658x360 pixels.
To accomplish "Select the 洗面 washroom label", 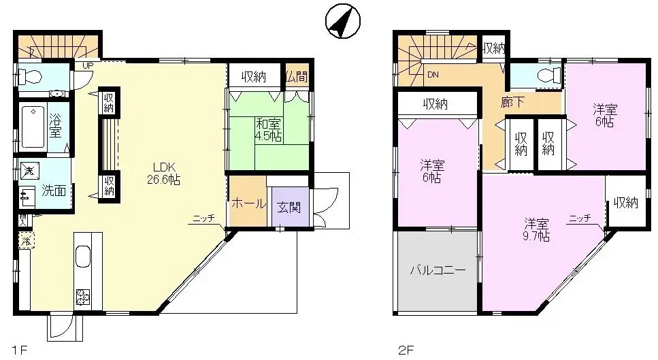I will tap(54, 191).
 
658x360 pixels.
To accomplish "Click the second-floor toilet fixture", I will tap(544, 75).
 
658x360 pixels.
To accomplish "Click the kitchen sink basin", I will tap(84, 257).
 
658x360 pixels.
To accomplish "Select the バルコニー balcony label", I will tap(438, 270).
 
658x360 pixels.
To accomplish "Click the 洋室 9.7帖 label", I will tap(536, 229).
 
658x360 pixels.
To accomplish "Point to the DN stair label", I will tap(433, 75).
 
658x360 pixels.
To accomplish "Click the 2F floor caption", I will tap(405, 351).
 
